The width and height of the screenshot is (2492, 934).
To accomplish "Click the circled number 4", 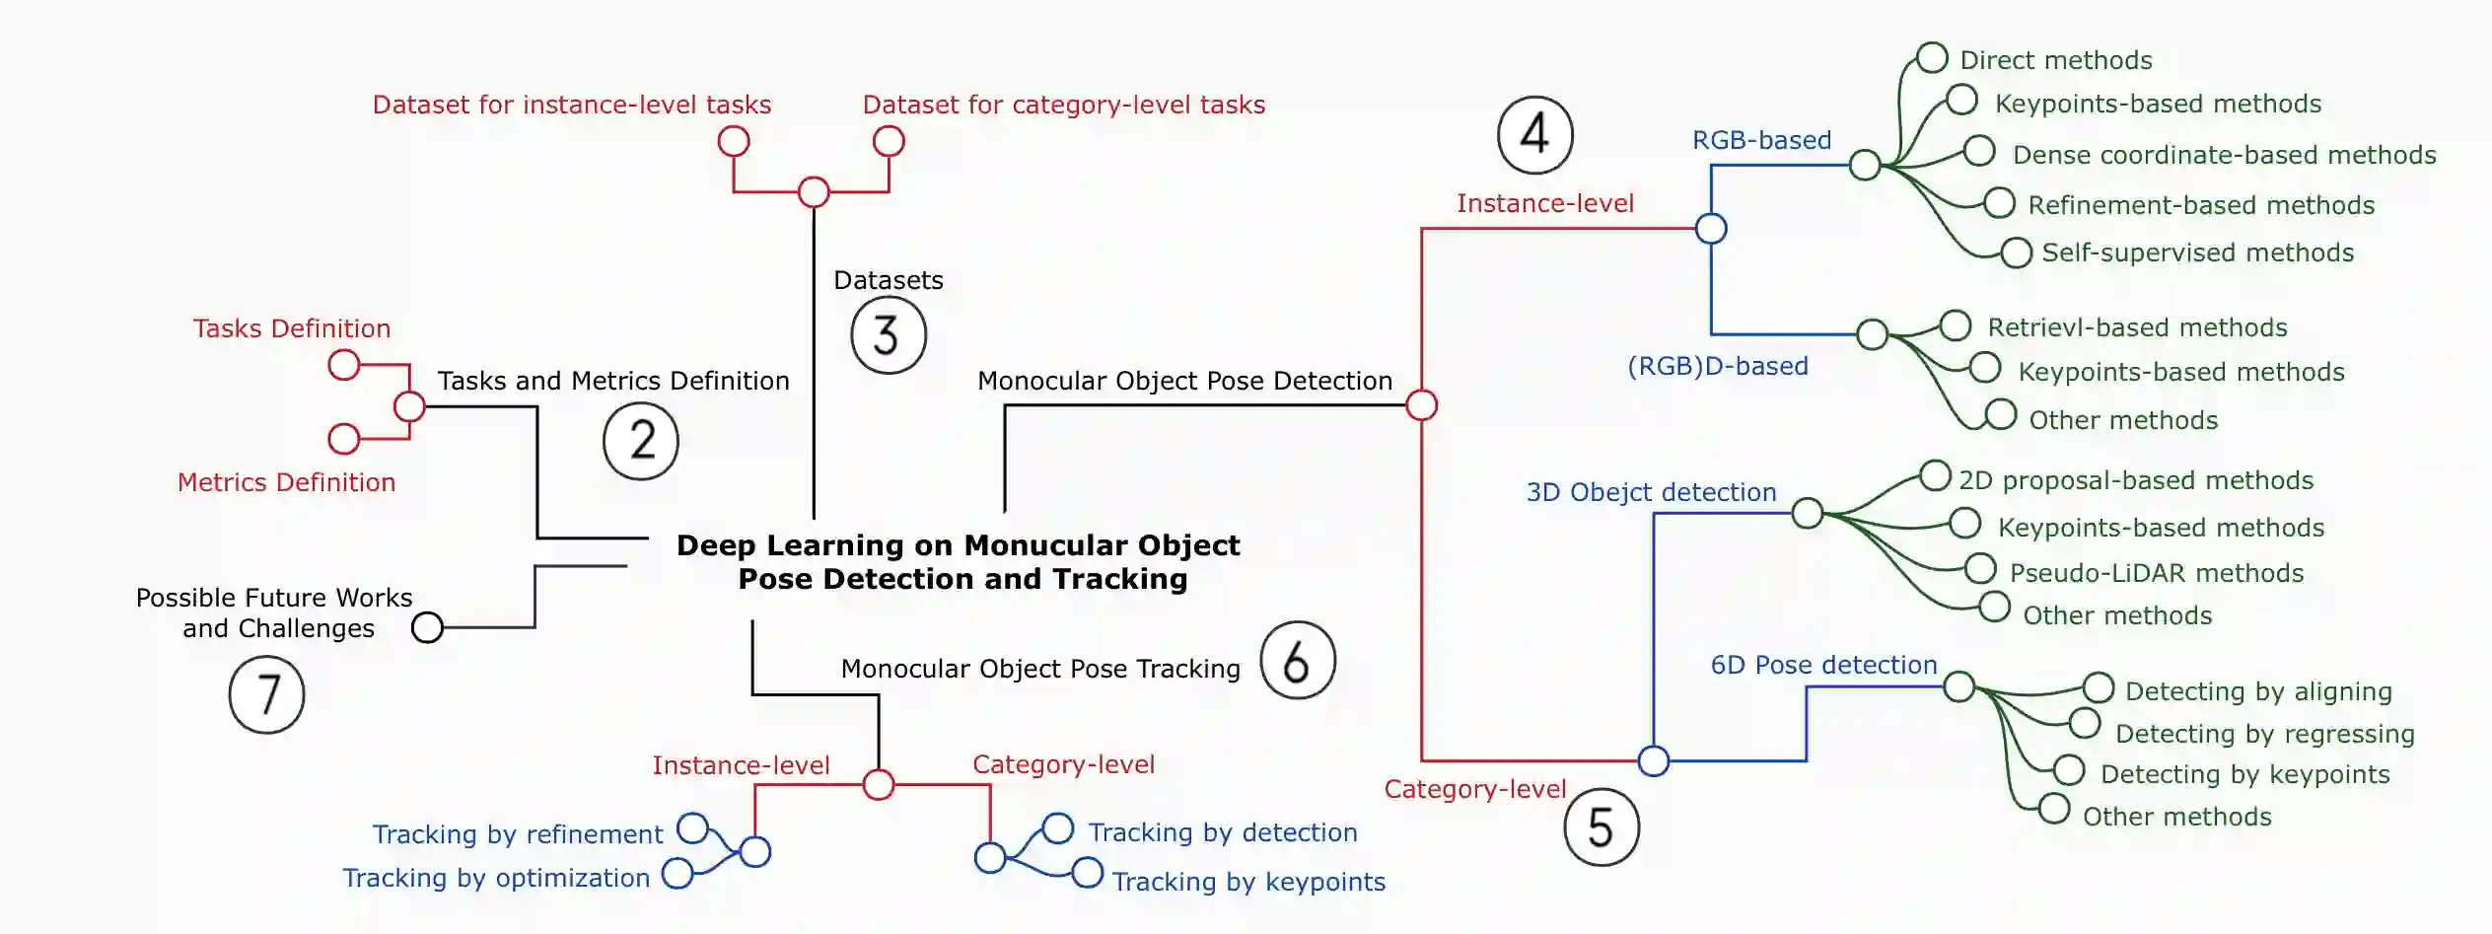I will tap(1534, 134).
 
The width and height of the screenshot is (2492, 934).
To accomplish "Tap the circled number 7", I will tap(266, 694).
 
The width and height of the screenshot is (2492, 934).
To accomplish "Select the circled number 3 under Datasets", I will tap(888, 335).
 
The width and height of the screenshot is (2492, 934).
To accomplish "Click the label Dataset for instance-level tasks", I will tap(571, 105).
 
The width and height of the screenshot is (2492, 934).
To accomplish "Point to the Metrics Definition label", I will tap(286, 482).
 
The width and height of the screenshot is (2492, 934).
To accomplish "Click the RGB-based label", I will tap(1761, 140).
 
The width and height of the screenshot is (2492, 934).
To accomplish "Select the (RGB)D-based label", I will tap(1717, 366).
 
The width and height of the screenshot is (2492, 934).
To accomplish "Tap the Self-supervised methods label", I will tap(2197, 252).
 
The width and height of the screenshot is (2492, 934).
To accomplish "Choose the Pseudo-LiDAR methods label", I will tap(2156, 573).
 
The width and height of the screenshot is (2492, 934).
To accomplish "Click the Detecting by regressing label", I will tap(2264, 734).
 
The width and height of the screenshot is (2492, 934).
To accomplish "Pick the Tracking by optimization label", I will tap(496, 878).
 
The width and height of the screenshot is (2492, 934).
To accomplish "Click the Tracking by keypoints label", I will tap(1248, 882).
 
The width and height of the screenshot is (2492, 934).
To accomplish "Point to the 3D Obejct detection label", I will tap(1651, 492).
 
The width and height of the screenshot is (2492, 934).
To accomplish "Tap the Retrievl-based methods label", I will tap(2137, 327).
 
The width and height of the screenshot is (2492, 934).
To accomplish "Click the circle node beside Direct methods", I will tap(1932, 57).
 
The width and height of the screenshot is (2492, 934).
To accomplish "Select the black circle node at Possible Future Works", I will tap(427, 627).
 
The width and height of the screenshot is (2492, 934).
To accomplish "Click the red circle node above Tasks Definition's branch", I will tap(343, 365).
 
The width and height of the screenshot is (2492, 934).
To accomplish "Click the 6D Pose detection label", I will tap(1823, 665).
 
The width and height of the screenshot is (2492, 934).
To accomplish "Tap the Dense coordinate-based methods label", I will tap(2224, 155).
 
